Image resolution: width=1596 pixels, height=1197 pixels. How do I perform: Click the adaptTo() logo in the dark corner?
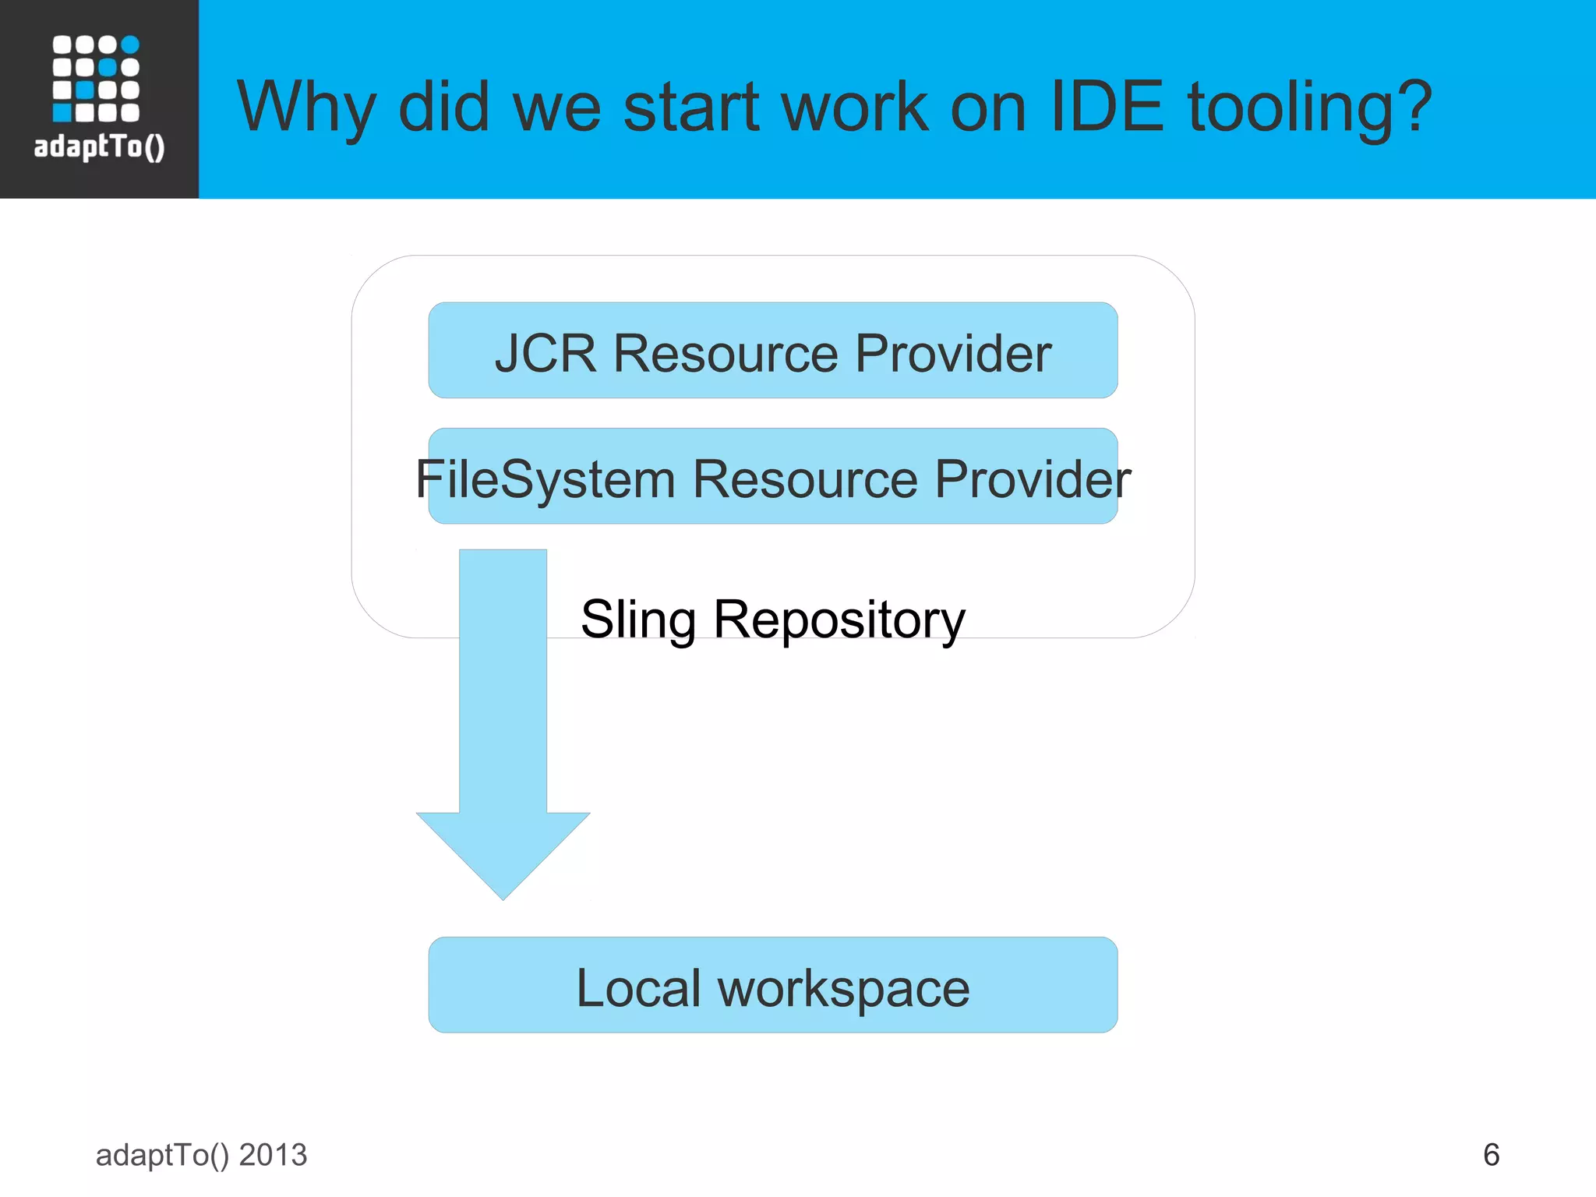tap(98, 98)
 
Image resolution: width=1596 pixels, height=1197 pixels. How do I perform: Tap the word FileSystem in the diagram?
tap(545, 478)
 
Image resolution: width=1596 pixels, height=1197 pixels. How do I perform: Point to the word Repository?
tap(839, 620)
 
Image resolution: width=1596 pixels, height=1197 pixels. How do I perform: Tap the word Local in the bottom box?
tap(638, 988)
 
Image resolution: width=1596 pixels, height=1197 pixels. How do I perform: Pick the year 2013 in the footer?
tap(273, 1155)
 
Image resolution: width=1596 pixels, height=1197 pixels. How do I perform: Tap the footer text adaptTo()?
tap(162, 1155)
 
